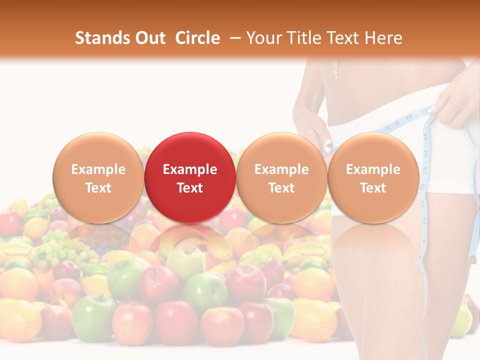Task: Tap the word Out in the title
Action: coord(149,38)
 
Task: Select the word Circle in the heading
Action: coord(197,38)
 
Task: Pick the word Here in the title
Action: coord(383,38)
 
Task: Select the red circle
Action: coord(189,177)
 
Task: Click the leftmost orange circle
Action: coord(98,177)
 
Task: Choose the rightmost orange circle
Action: coord(373,177)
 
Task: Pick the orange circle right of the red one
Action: coord(281,177)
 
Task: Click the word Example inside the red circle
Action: coord(190,169)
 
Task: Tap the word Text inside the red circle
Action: coord(190,188)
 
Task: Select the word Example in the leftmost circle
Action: coord(98,169)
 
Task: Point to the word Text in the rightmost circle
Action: coord(373,188)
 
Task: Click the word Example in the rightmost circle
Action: coord(373,169)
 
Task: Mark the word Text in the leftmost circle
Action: coord(98,188)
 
